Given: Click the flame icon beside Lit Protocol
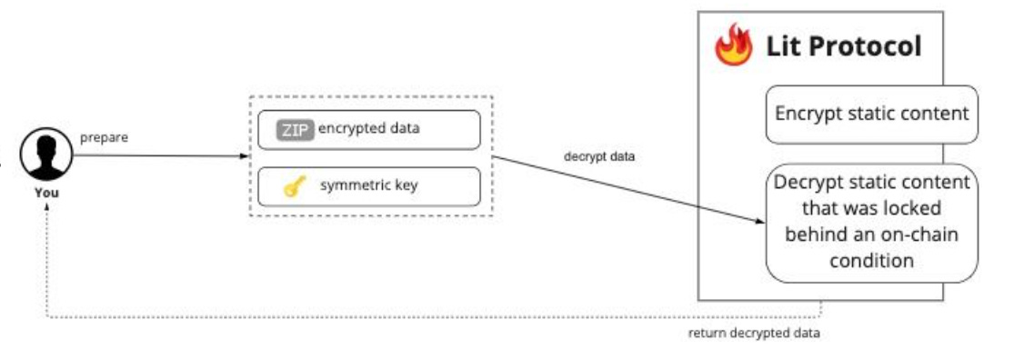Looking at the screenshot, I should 734,45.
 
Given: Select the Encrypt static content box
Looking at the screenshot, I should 871,115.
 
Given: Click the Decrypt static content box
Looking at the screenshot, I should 871,223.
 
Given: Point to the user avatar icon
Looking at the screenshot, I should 46,155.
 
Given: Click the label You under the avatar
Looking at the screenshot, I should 46,193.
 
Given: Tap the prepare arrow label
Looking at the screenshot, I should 105,138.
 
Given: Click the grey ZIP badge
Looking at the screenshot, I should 295,130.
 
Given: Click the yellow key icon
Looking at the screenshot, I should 293,187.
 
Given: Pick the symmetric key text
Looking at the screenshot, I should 368,186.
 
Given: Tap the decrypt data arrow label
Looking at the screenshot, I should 599,156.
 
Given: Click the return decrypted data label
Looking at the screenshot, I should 754,334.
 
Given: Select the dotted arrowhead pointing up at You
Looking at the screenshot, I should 46,206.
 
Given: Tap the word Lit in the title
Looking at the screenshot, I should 785,45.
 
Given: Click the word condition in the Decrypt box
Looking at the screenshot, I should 871,261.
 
